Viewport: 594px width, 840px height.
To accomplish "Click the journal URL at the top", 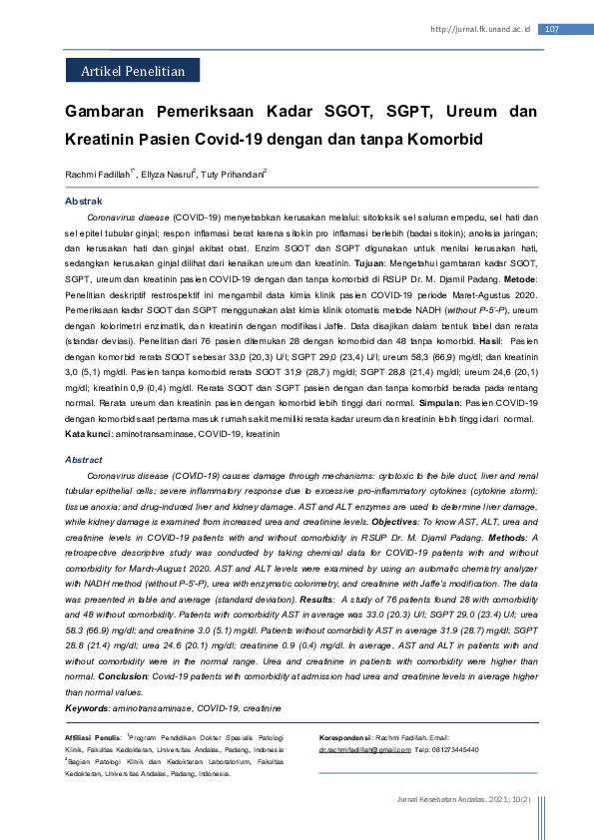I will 479,29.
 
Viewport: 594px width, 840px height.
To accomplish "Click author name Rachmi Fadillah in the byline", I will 98,175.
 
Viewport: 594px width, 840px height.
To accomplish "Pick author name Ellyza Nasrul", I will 167,175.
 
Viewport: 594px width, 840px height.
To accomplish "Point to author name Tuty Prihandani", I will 233,175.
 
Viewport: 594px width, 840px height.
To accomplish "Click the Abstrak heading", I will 84,202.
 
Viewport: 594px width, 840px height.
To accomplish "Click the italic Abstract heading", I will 84,460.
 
